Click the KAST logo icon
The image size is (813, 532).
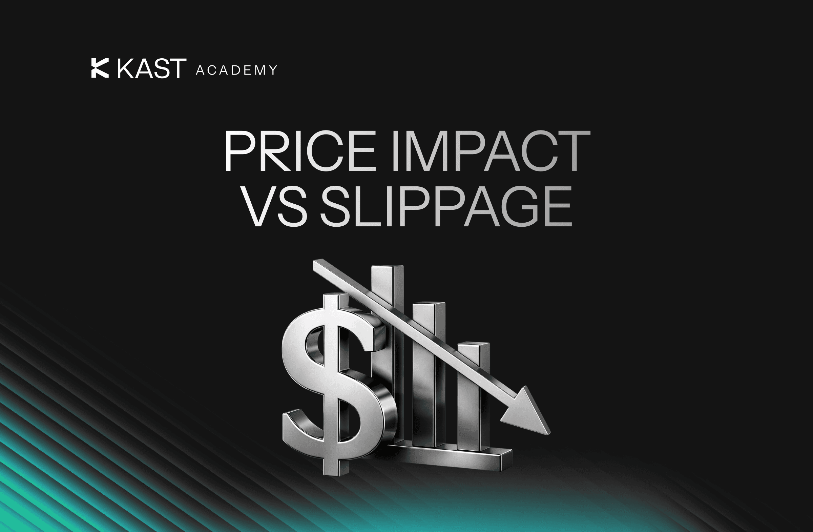(x=100, y=68)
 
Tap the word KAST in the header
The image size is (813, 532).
(x=151, y=69)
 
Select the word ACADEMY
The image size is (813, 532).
(x=236, y=70)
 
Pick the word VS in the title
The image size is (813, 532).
(x=276, y=206)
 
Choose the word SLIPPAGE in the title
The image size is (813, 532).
(x=446, y=206)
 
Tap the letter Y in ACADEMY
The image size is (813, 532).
(x=273, y=70)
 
